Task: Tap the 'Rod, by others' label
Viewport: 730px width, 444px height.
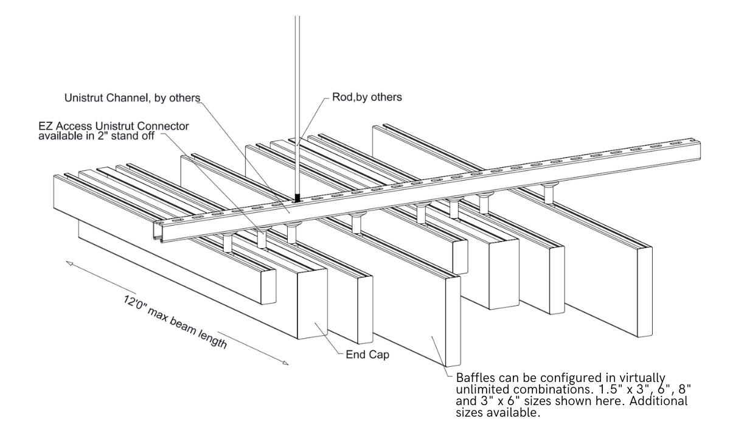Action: click(x=367, y=97)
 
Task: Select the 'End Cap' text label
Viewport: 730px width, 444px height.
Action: click(x=367, y=354)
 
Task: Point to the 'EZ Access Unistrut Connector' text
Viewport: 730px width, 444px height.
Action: click(x=114, y=127)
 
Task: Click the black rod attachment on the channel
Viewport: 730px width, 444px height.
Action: click(x=297, y=198)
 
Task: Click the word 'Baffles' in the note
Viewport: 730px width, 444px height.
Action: click(x=474, y=377)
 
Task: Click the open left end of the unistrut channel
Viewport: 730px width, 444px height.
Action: click(x=159, y=232)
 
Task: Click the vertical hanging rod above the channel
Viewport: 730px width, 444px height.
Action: click(x=297, y=91)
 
